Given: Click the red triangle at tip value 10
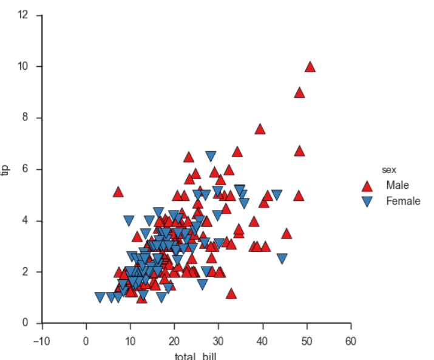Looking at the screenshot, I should [310, 67].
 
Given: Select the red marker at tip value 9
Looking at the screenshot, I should [299, 92].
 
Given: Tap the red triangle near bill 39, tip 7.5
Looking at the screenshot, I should [260, 129].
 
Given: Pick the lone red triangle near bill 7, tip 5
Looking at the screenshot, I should [118, 192].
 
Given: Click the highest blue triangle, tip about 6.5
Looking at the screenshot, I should [211, 156].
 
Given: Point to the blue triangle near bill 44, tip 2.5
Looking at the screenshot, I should [282, 259].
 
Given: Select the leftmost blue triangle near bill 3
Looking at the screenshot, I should [100, 297].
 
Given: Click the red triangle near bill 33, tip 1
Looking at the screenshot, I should [231, 294].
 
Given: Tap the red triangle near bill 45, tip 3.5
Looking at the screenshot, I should [287, 234].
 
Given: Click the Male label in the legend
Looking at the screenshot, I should [398, 185].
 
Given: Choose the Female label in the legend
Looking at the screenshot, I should [403, 201].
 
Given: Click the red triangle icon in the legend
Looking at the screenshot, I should [367, 186].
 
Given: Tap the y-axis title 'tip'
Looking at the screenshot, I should [7, 169].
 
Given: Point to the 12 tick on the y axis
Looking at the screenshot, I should [24, 15].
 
